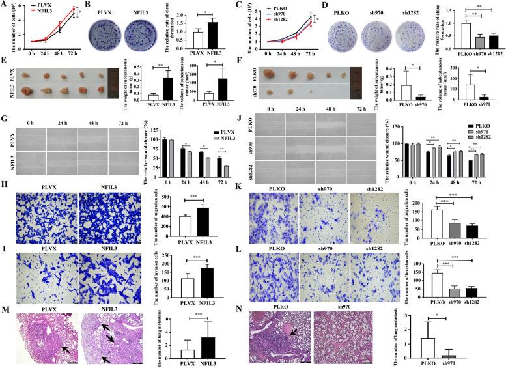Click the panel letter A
pos(5,5)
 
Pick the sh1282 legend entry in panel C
pos(284,19)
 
